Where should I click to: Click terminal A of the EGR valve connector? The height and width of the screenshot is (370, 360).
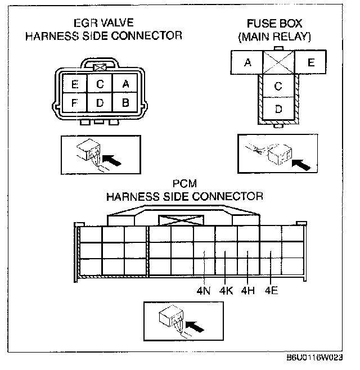coord(125,84)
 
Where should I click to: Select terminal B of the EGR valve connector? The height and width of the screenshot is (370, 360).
coord(125,103)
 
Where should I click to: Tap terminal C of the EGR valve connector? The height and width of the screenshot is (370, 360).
coord(100,84)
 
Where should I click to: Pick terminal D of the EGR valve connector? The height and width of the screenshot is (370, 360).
coord(100,103)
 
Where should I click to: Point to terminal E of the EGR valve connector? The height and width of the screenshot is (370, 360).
coord(74,85)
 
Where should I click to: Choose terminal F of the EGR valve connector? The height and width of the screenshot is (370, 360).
coord(74,103)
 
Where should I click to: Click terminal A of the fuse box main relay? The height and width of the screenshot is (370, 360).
coord(247,62)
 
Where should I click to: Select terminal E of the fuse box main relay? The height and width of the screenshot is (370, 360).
coord(310,62)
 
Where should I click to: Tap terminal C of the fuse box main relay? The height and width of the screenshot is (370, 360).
coord(278,86)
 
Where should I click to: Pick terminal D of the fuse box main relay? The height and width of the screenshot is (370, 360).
coord(278,109)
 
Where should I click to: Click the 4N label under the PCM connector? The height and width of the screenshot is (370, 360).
coord(203,291)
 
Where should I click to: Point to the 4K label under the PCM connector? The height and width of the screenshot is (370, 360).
coord(226,291)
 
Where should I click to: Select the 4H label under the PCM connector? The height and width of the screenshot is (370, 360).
coord(248,291)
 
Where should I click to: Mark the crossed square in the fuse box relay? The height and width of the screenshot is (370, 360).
coord(278,62)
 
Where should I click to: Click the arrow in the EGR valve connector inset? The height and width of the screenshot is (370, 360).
coord(112,161)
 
